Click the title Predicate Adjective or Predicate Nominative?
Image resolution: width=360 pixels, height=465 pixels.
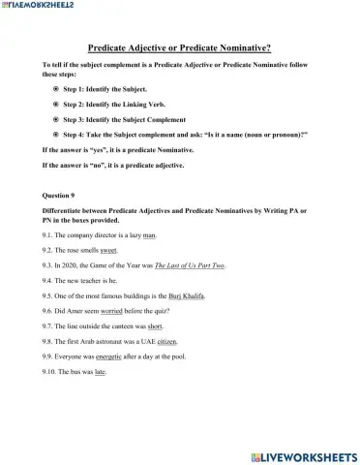coord(179,46)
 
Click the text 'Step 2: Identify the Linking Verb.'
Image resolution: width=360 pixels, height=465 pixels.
coord(116,104)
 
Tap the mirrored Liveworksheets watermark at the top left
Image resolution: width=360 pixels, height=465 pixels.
coord(40,8)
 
